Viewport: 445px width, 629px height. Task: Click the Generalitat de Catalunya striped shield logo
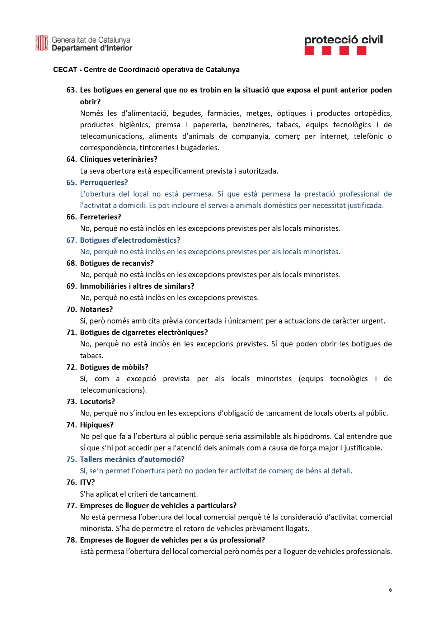tap(42, 43)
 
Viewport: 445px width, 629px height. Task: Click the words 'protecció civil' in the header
tap(343, 40)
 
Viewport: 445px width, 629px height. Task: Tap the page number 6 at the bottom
tap(390, 590)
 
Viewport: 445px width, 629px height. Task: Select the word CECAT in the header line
tap(65, 70)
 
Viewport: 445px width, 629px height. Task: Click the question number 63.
tap(71, 90)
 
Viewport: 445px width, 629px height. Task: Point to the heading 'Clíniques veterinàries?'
tap(118, 159)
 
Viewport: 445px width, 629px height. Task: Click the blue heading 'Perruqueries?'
tap(104, 183)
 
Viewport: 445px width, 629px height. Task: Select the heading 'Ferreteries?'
tap(100, 217)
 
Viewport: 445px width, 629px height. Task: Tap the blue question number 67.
tap(71, 240)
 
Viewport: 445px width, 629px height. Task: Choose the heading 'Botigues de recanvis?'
tap(117, 263)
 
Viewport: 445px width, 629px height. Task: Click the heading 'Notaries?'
tap(96, 309)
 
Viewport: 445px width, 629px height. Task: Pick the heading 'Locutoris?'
tap(98, 402)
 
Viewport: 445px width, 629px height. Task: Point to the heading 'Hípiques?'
tap(97, 425)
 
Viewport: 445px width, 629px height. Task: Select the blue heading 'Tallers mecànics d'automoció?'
tap(132, 459)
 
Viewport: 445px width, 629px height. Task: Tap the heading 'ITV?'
tap(87, 482)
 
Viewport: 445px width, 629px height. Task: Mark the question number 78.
tap(71, 540)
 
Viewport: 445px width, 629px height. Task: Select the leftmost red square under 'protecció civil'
tap(309, 51)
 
